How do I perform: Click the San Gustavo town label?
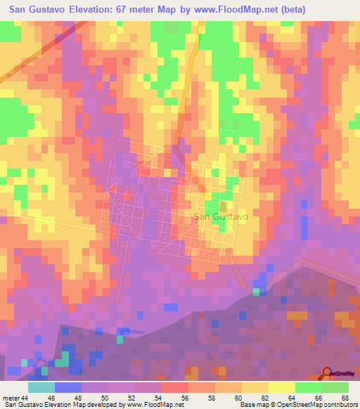tap(220, 218)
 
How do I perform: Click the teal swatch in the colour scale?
tap(41, 387)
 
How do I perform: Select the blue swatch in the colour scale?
tap(68, 387)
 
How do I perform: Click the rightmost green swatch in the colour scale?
tap(335, 387)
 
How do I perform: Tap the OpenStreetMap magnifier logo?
tap(327, 373)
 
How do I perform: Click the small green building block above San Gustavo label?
tap(224, 207)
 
